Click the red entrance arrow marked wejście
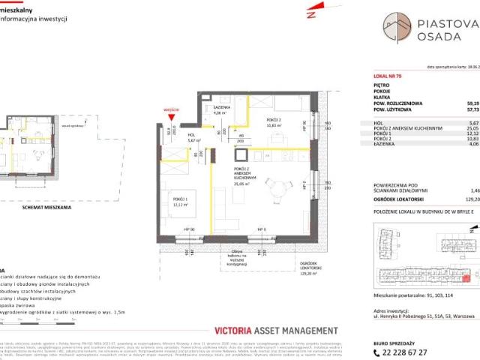pyautogui.click(x=174, y=116)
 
